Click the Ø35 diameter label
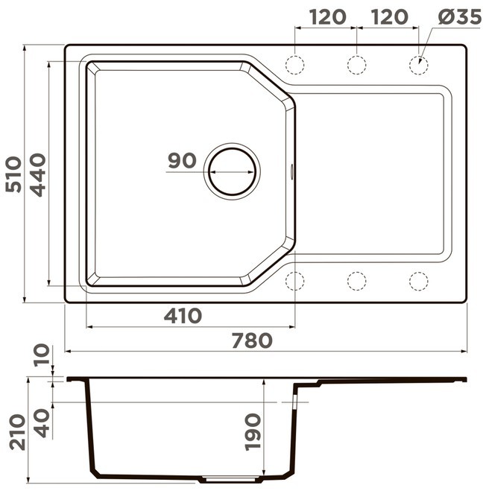tap(459, 17)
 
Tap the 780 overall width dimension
tap(252, 341)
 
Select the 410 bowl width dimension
tap(183, 316)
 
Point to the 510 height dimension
tap(13, 174)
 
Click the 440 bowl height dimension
tap(37, 175)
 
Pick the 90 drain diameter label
tap(182, 160)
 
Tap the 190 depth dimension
tap(253, 432)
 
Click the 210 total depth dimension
tap(17, 432)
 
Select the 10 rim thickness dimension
tap(42, 355)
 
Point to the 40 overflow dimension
tap(42, 423)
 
